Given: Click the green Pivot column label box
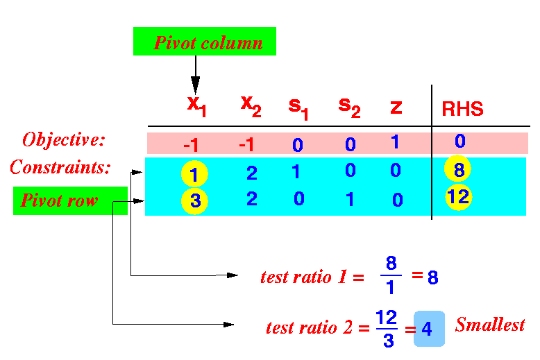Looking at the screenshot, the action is [x=205, y=42].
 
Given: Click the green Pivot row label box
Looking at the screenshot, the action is [x=70, y=200].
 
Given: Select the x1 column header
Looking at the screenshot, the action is [x=196, y=106].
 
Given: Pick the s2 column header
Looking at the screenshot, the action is [x=350, y=108].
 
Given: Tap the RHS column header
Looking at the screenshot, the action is [x=462, y=109].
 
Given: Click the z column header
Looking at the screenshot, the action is [x=396, y=108].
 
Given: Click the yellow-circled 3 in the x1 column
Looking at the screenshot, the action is [x=194, y=201].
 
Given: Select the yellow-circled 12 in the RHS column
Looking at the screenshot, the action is [x=458, y=197].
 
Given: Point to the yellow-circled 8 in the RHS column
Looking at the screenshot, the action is [x=457, y=169].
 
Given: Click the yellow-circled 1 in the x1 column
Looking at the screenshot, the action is [x=194, y=174].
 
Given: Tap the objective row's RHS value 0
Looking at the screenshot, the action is [x=460, y=141].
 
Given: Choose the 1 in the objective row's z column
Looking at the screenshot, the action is [x=396, y=142].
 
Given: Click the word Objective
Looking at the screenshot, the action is [x=63, y=139].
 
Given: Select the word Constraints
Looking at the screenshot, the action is [x=60, y=167].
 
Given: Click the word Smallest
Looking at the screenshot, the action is [x=490, y=324].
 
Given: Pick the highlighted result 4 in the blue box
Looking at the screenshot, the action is [x=429, y=329].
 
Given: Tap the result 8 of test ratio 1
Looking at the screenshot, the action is [x=433, y=277].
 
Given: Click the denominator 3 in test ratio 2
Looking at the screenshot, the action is [x=389, y=341].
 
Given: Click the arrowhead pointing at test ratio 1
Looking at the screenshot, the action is [x=232, y=275].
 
